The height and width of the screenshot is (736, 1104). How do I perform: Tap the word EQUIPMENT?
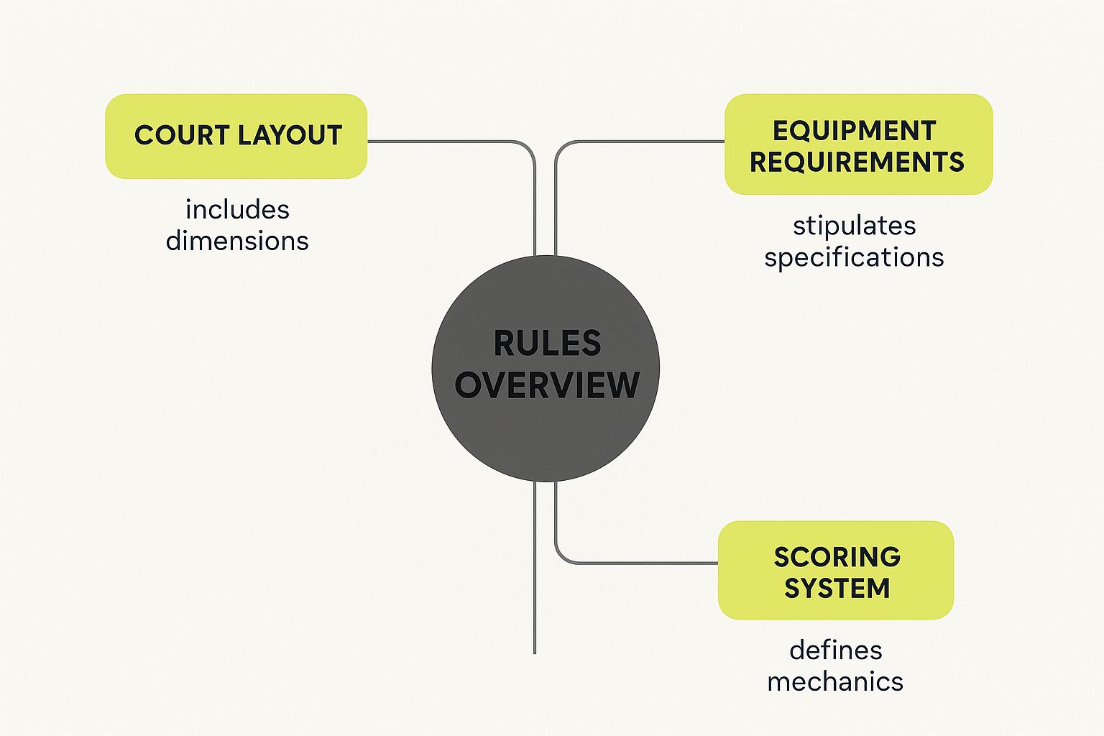pyautogui.click(x=854, y=131)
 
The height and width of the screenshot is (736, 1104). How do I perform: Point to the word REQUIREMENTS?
pyautogui.click(x=857, y=162)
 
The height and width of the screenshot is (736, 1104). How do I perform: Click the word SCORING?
pyautogui.click(x=837, y=557)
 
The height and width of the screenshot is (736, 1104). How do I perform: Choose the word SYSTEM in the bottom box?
pyautogui.click(x=837, y=589)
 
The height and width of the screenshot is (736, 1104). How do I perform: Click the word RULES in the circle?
pyautogui.click(x=547, y=344)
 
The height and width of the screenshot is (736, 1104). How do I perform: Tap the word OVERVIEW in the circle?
pyautogui.click(x=547, y=385)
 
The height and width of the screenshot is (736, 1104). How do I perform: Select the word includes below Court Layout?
pyautogui.click(x=237, y=210)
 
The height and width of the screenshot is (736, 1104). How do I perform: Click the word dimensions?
pyautogui.click(x=237, y=241)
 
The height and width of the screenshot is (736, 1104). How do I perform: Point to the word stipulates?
pyautogui.click(x=854, y=226)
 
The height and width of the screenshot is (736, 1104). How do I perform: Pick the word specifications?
pyautogui.click(x=854, y=257)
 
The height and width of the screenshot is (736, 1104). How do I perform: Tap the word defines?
pyautogui.click(x=835, y=650)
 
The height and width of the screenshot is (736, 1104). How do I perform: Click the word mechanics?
pyautogui.click(x=835, y=681)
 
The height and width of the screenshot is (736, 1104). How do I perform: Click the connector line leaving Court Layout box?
pyautogui.click(x=446, y=142)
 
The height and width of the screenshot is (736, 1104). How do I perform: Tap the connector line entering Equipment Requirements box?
pyautogui.click(x=647, y=142)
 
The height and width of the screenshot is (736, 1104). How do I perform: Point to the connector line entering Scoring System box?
pyautogui.click(x=640, y=563)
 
